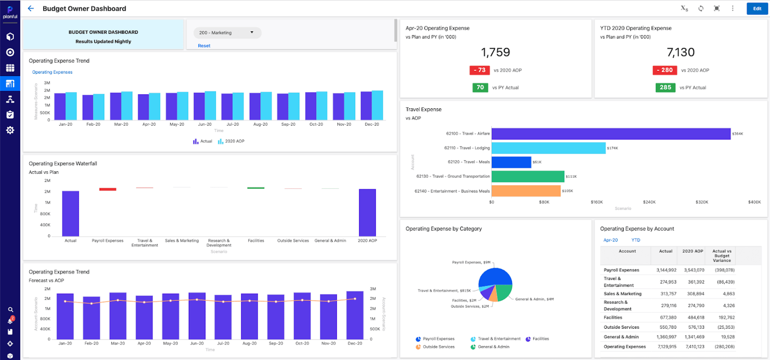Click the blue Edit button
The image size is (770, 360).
pos(757,8)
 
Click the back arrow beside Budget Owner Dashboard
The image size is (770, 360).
pos(31,8)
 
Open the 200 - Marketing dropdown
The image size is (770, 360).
pos(227,33)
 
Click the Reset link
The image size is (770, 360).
pos(204,46)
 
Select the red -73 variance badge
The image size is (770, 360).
pos(479,71)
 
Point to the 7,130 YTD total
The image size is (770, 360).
pos(680,52)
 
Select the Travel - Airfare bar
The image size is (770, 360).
pos(611,134)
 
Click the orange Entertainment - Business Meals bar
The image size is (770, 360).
pos(526,191)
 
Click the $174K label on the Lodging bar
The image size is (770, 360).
pos(613,148)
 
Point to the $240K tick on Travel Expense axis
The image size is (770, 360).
pos(649,203)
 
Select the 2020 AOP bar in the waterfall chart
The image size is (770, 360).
pos(367,213)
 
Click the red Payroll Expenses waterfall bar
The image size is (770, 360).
pos(107,189)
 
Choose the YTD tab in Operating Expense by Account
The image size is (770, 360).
pos(635,240)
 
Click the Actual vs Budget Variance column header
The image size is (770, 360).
pos(721,256)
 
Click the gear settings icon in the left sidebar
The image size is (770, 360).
pos(10,130)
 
